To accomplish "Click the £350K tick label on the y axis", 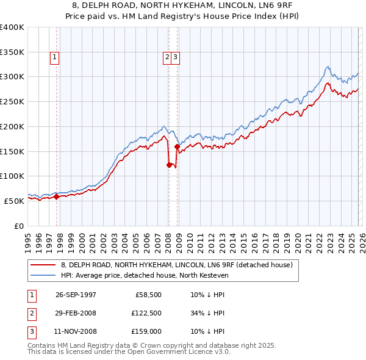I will click(x=12, y=52).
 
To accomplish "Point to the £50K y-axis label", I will click(x=14, y=201).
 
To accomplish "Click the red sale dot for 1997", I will click(x=57, y=196).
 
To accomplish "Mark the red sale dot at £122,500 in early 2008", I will click(x=169, y=165).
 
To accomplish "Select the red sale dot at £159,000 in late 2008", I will click(x=177, y=146).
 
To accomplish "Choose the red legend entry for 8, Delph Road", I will click(x=177, y=265).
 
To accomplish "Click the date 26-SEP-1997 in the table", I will click(x=76, y=294).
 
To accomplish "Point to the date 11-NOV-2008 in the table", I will click(x=76, y=332).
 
